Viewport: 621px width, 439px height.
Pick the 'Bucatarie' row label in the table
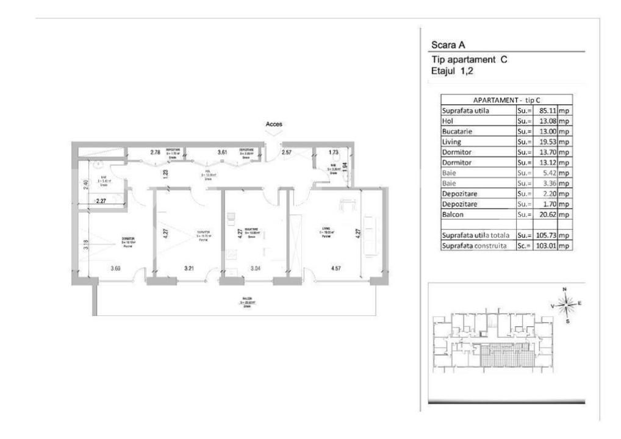click(x=458, y=131)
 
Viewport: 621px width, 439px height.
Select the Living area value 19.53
click(x=545, y=141)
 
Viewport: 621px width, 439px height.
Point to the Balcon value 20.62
click(x=545, y=215)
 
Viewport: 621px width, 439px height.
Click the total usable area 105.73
click(x=543, y=235)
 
